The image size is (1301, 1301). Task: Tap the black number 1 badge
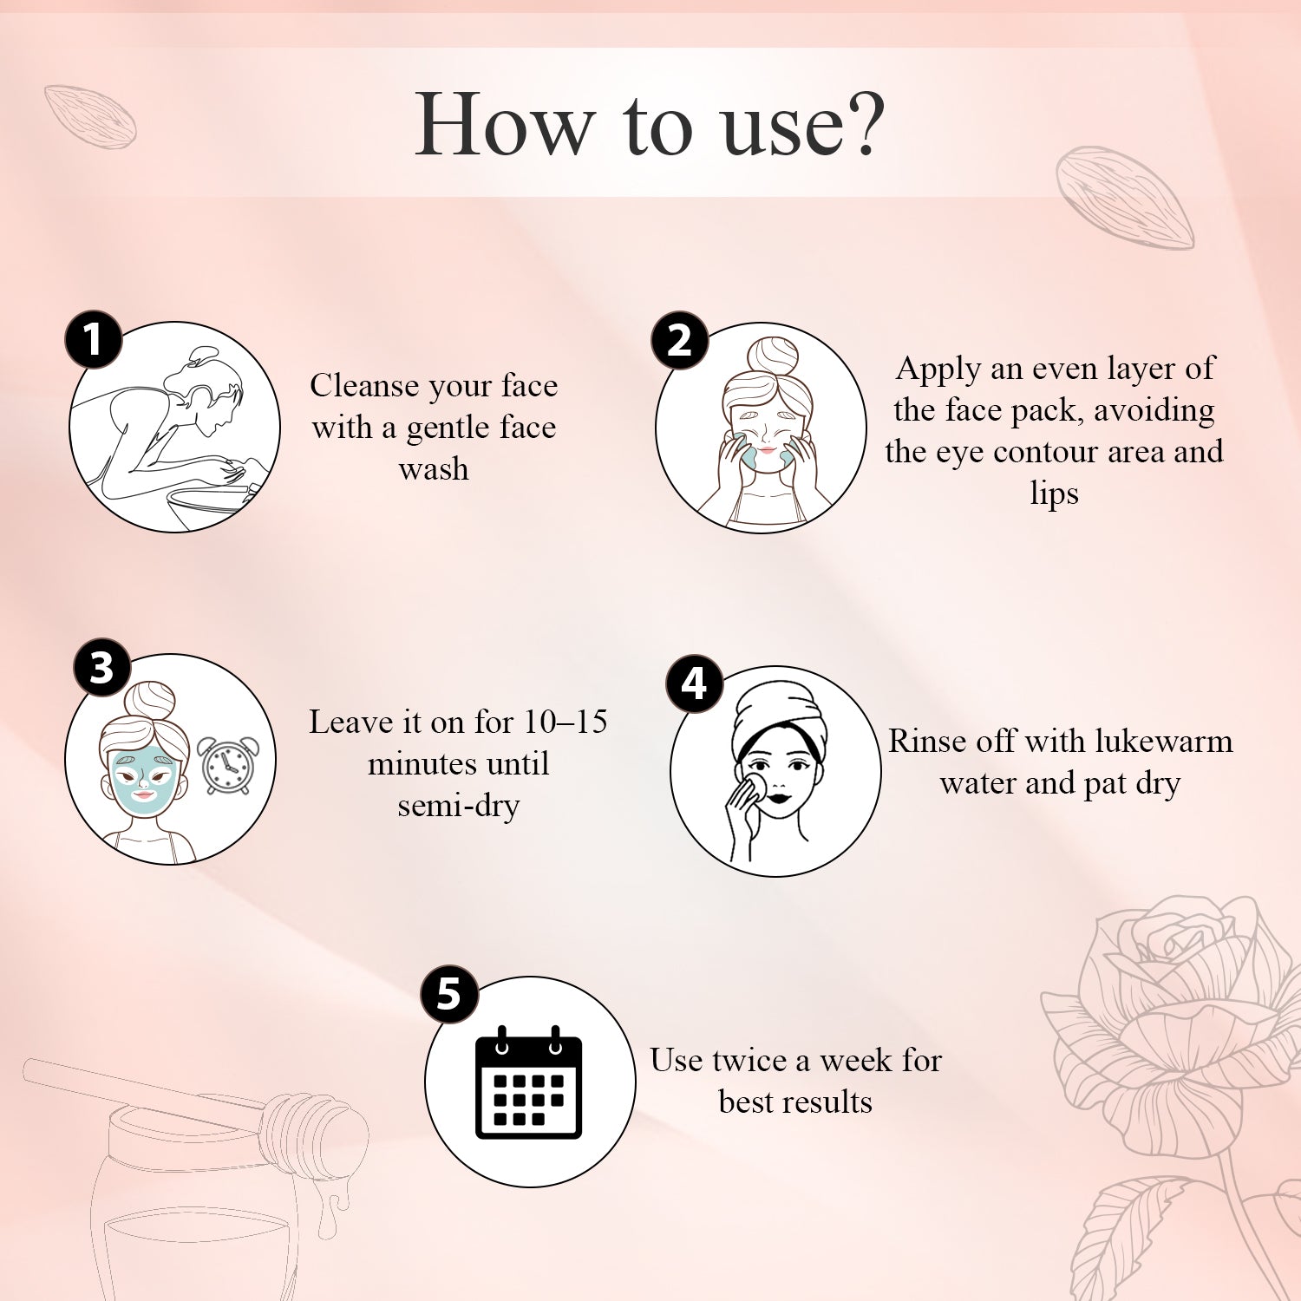click(x=94, y=339)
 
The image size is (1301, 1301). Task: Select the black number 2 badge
click(x=679, y=340)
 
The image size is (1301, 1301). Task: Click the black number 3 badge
click(x=101, y=668)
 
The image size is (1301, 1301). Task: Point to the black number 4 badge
click(x=694, y=683)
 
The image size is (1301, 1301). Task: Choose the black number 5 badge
click(x=448, y=994)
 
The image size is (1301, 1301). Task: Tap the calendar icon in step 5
click(x=528, y=1083)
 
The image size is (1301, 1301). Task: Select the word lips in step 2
click(x=1054, y=494)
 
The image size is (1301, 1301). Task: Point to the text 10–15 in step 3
click(x=566, y=722)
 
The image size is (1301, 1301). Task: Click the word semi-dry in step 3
click(x=458, y=806)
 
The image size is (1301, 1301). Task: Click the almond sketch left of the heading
click(x=90, y=115)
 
